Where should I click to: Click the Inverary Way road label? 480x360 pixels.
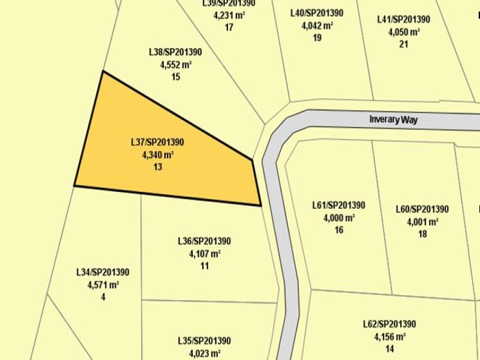coord(393,119)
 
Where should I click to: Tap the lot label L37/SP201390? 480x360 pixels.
coord(158,142)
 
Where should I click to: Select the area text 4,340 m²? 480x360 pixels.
coord(158,155)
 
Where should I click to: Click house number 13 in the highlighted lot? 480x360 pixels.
coord(158,167)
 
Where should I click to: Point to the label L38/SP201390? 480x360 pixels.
coord(176,52)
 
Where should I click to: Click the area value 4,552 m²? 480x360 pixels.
coord(176,65)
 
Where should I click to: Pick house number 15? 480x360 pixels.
coord(176,77)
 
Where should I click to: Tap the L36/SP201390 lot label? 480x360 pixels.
coord(205,241)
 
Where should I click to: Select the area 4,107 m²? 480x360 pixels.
coord(205,254)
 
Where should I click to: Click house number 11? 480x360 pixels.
coord(205,266)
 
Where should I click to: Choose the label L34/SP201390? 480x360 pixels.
coord(103,272)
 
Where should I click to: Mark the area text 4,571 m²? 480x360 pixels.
coord(103,284)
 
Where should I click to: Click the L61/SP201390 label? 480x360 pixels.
coord(339,205)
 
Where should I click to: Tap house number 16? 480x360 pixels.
coord(339,230)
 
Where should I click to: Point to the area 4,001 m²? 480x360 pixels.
coord(422,221)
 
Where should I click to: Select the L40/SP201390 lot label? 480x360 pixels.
coord(317,13)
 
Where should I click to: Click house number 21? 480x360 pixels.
coord(403,44)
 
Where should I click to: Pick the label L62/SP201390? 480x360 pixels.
coord(390,324)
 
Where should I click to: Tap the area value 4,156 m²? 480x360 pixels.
coord(390,337)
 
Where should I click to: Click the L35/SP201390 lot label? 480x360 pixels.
coord(205,340)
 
